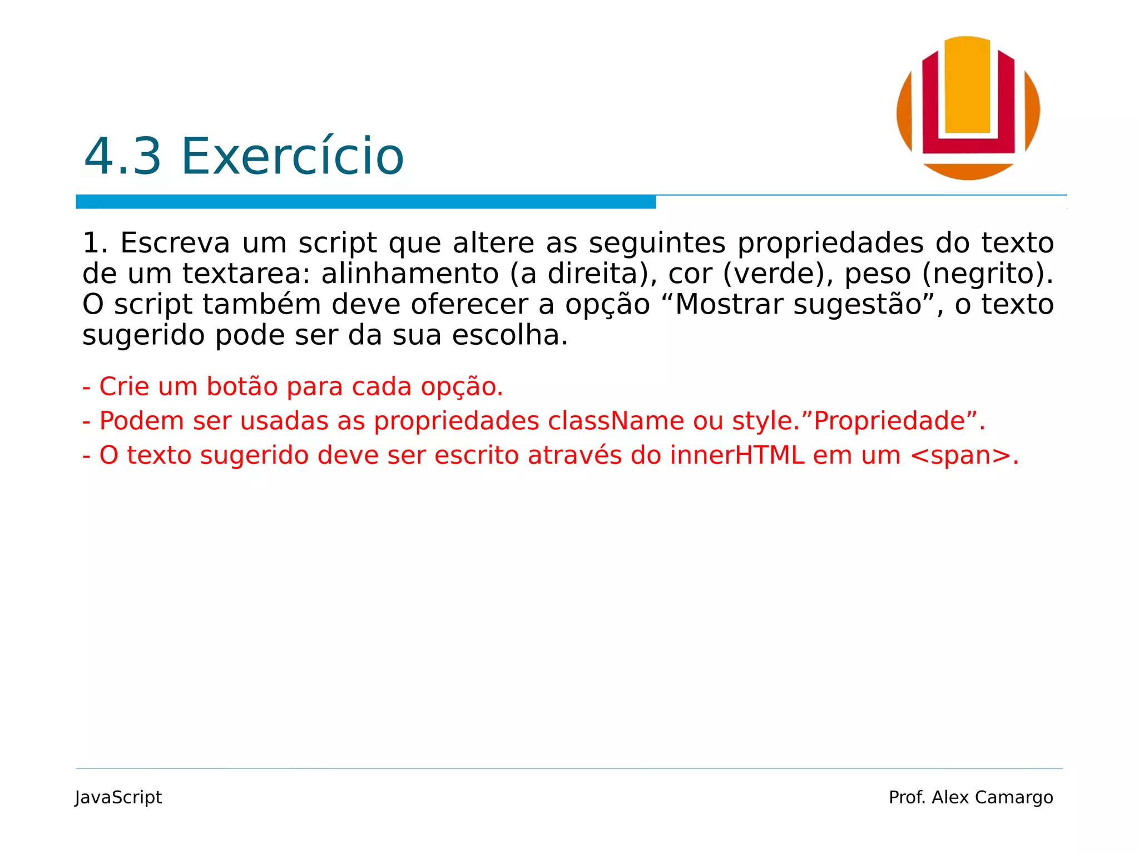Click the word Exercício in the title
(292, 157)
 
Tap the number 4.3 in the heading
(122, 157)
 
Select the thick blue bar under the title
(365, 202)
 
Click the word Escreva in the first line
(175, 244)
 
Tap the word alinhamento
(410, 274)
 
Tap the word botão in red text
(242, 387)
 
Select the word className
(616, 421)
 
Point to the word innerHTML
(737, 455)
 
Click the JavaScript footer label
(118, 797)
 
